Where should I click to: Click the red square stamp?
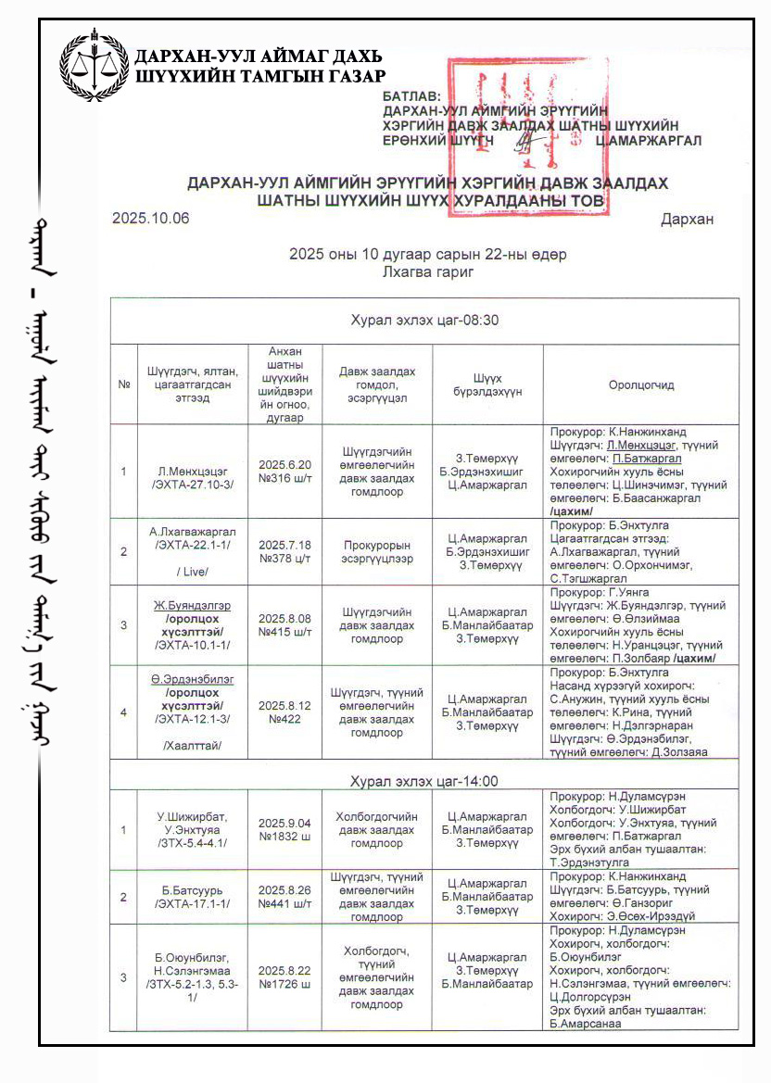pyautogui.click(x=525, y=136)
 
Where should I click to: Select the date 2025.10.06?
pyautogui.click(x=150, y=219)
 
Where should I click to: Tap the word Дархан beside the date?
pyautogui.click(x=687, y=220)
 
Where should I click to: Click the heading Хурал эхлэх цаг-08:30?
pyautogui.click(x=424, y=321)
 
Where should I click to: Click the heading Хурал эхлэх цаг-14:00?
pyautogui.click(x=424, y=781)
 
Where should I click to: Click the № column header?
pyautogui.click(x=123, y=384)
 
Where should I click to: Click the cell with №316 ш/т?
pyautogui.click(x=284, y=472)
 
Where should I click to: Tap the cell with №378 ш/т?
pyautogui.click(x=284, y=552)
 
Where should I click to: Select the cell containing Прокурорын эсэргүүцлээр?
pyautogui.click(x=379, y=552)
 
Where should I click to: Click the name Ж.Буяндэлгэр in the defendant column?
pyautogui.click(x=192, y=605)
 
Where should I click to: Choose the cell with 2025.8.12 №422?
pyautogui.click(x=284, y=712)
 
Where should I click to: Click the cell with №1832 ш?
pyautogui.click(x=284, y=830)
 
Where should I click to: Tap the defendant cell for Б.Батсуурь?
pyautogui.click(x=192, y=897)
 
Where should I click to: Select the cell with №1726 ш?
pyautogui.click(x=284, y=976)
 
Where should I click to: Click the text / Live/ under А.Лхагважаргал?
pyautogui.click(x=192, y=573)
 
